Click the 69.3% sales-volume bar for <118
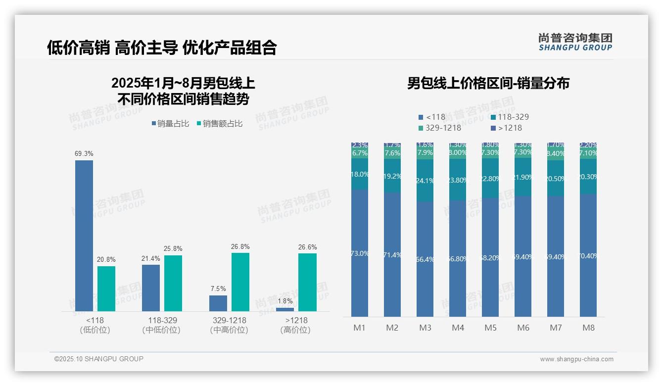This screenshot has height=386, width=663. (84, 236)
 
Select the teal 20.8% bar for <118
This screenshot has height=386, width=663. (106, 289)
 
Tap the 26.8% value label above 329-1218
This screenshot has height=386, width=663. (240, 246)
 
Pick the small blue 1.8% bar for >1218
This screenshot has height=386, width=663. (285, 309)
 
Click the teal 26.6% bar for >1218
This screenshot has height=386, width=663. (307, 282)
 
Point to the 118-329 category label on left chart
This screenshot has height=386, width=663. (162, 320)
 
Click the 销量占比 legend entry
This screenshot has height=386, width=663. (170, 124)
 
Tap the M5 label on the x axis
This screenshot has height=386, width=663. (490, 328)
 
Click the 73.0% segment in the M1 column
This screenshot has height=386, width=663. (360, 253)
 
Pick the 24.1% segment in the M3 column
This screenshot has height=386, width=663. (425, 181)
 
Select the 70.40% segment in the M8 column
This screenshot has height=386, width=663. (588, 255)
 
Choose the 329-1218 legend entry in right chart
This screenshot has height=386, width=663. (440, 128)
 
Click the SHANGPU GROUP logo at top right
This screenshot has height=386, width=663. (575, 42)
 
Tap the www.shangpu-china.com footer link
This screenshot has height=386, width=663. (576, 359)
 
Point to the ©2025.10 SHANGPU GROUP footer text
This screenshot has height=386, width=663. (99, 359)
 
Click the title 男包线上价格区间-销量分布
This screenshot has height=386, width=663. (488, 83)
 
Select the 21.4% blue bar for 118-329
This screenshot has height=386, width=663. (151, 288)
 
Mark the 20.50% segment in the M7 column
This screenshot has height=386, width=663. (556, 179)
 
